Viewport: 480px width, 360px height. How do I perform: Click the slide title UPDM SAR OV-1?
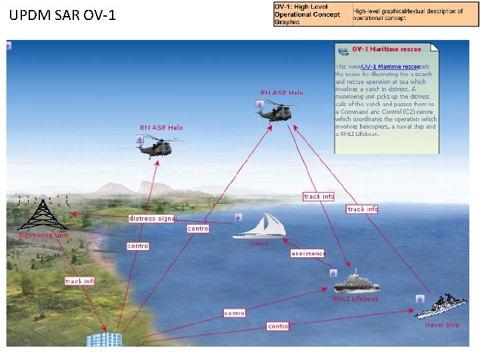click(x=63, y=14)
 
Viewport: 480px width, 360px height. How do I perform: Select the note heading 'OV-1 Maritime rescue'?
click(x=387, y=49)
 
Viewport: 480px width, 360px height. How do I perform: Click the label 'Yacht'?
click(x=259, y=243)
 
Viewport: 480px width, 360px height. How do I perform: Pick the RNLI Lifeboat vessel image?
click(x=357, y=281)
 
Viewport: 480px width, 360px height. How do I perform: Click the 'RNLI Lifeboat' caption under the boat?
click(x=355, y=299)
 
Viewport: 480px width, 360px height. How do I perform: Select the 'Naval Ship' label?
click(x=442, y=325)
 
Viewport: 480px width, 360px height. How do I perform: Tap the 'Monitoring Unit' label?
click(x=43, y=235)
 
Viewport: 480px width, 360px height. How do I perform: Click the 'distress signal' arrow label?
click(x=151, y=218)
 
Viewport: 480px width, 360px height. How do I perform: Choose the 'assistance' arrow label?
click(x=308, y=253)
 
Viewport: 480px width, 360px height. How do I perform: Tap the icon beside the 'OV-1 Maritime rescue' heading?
click(x=343, y=50)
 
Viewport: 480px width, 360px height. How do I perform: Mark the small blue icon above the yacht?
click(x=238, y=217)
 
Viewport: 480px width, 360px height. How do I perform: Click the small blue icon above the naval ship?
click(x=420, y=299)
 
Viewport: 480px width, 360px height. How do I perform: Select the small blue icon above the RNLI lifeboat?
click(x=333, y=273)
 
